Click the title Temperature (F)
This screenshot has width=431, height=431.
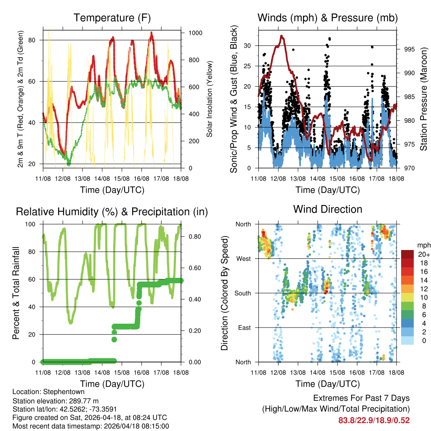(x=112, y=18)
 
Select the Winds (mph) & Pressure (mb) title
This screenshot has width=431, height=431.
(x=327, y=18)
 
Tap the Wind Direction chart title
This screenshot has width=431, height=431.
(x=327, y=209)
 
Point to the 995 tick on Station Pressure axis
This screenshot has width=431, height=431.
(x=410, y=49)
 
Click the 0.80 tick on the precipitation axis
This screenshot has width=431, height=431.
(x=193, y=237)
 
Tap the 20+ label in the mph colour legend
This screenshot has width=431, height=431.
(x=423, y=254)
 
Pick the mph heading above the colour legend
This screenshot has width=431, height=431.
(x=423, y=245)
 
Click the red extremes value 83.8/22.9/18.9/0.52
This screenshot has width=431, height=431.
(x=374, y=420)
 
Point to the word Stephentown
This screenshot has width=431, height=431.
(x=57, y=391)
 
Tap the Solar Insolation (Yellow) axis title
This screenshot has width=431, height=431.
(x=209, y=99)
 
